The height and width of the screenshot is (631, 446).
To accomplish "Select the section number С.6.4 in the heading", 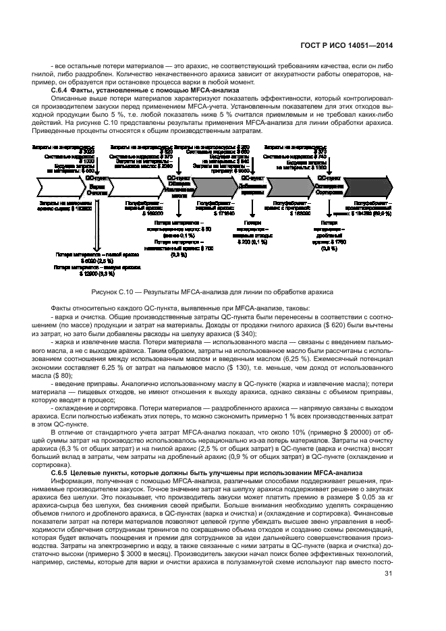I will click(x=64, y=90).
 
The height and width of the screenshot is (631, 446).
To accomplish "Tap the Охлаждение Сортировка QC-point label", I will click(x=329, y=186).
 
